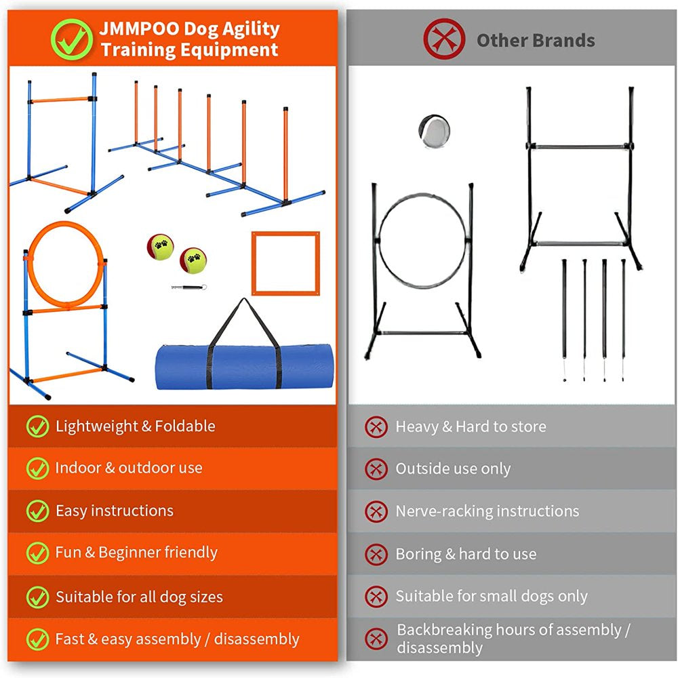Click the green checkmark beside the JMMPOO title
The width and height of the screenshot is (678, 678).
point(71,39)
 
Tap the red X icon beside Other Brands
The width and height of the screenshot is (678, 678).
point(444,39)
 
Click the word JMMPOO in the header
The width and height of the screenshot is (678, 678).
point(139,28)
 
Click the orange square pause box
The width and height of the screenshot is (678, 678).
point(286,263)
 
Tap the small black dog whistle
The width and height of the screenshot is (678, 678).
point(189,287)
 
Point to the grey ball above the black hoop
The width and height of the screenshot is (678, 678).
point(434,130)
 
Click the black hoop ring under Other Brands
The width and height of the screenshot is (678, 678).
point(423,240)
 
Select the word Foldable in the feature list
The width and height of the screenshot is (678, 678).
point(185,426)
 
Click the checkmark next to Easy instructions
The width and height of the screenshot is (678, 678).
point(37,511)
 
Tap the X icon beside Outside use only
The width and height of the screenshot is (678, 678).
point(376,469)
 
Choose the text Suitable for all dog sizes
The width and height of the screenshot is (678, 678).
point(139,597)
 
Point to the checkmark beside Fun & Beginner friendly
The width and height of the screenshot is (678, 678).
point(37,553)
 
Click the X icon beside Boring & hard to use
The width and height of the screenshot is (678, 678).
point(376,555)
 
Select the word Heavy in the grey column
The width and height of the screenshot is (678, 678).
point(417,426)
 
